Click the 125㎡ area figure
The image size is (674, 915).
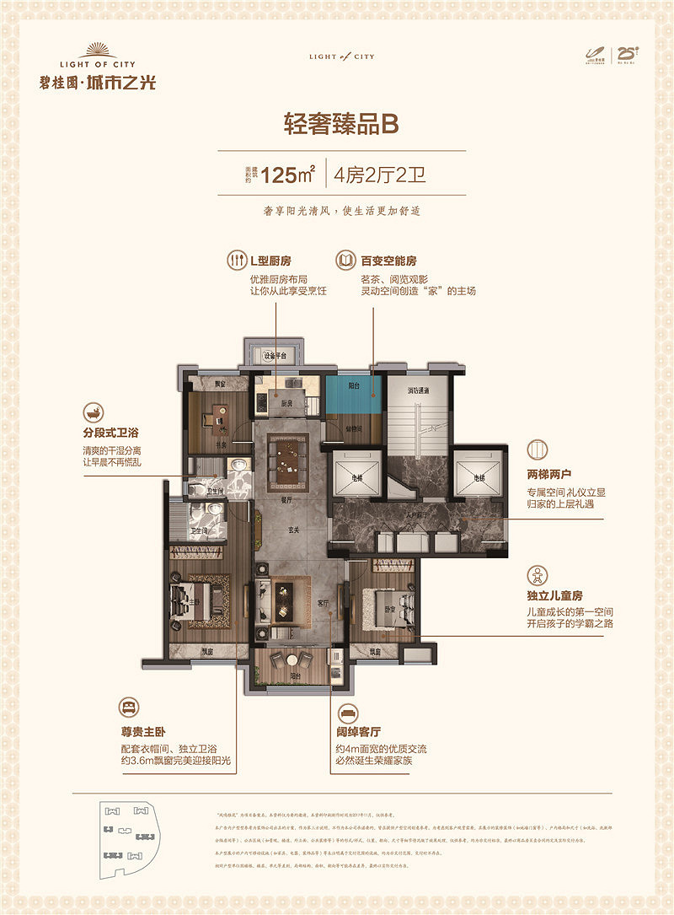pos(287,175)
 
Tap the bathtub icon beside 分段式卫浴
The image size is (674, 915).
pos(92,415)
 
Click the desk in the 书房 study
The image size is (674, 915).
pos(216,416)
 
